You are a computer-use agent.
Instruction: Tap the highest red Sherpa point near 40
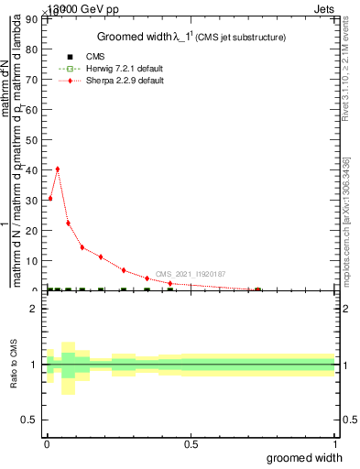[58, 169]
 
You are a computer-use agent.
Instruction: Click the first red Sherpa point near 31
[49, 198]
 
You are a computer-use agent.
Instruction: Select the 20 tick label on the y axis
[36, 231]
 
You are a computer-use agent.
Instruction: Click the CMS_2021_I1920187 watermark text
[191, 274]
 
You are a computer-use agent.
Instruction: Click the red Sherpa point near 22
[68, 224]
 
